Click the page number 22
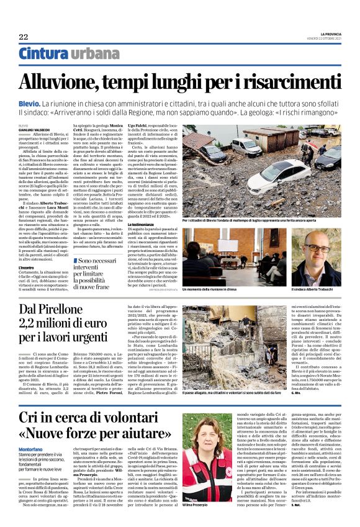(x=24, y=37)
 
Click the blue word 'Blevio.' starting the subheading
(x=29, y=101)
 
